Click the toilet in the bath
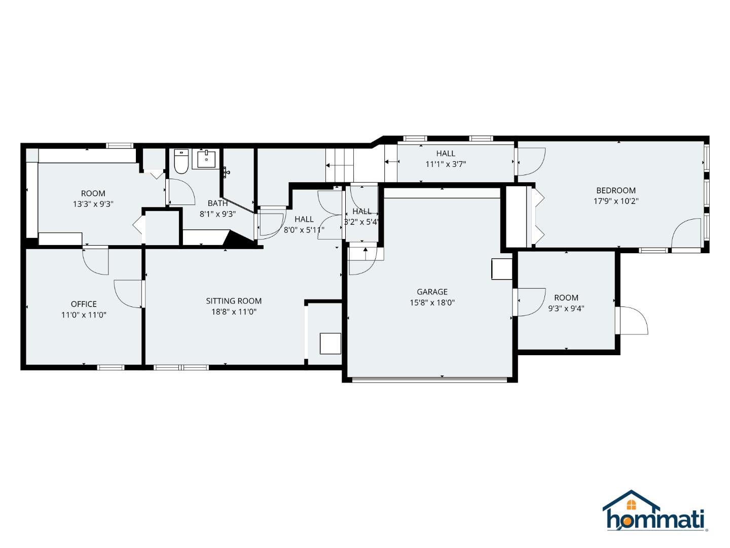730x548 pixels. [x=181, y=161]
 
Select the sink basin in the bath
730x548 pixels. [x=206, y=159]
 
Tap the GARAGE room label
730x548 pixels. [x=432, y=292]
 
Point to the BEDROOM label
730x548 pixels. [x=616, y=190]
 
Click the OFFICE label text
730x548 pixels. [x=84, y=304]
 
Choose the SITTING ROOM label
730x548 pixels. [x=234, y=301]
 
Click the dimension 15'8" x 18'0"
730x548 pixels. [x=432, y=302]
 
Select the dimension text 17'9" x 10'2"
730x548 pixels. [x=616, y=201]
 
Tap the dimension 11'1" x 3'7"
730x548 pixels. [x=446, y=164]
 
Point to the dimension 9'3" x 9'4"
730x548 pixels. [x=566, y=308]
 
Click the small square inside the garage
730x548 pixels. [x=502, y=269]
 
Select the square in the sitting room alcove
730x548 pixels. [x=330, y=344]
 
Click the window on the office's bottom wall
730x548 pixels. [x=111, y=367]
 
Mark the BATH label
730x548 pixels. [x=218, y=203]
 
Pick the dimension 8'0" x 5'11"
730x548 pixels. [x=304, y=229]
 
